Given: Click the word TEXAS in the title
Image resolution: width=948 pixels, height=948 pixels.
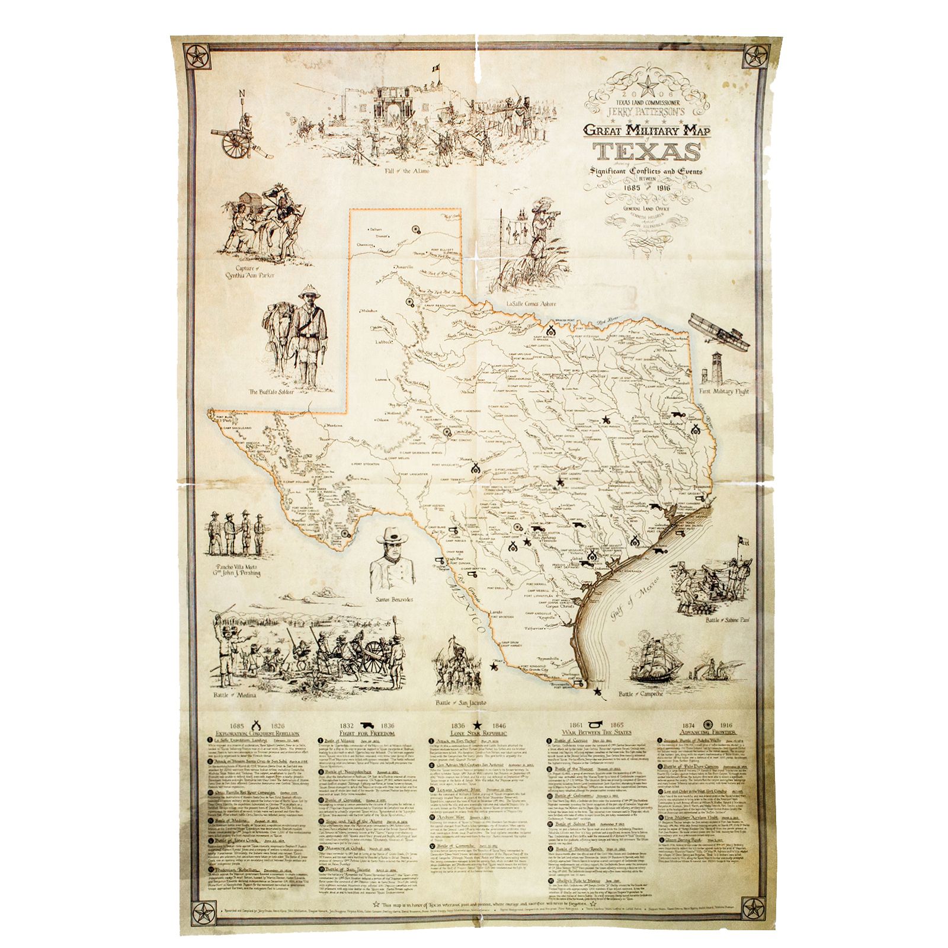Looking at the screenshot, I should (x=646, y=152).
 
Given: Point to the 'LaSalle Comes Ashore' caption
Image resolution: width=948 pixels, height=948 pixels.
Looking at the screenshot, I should (x=531, y=304).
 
